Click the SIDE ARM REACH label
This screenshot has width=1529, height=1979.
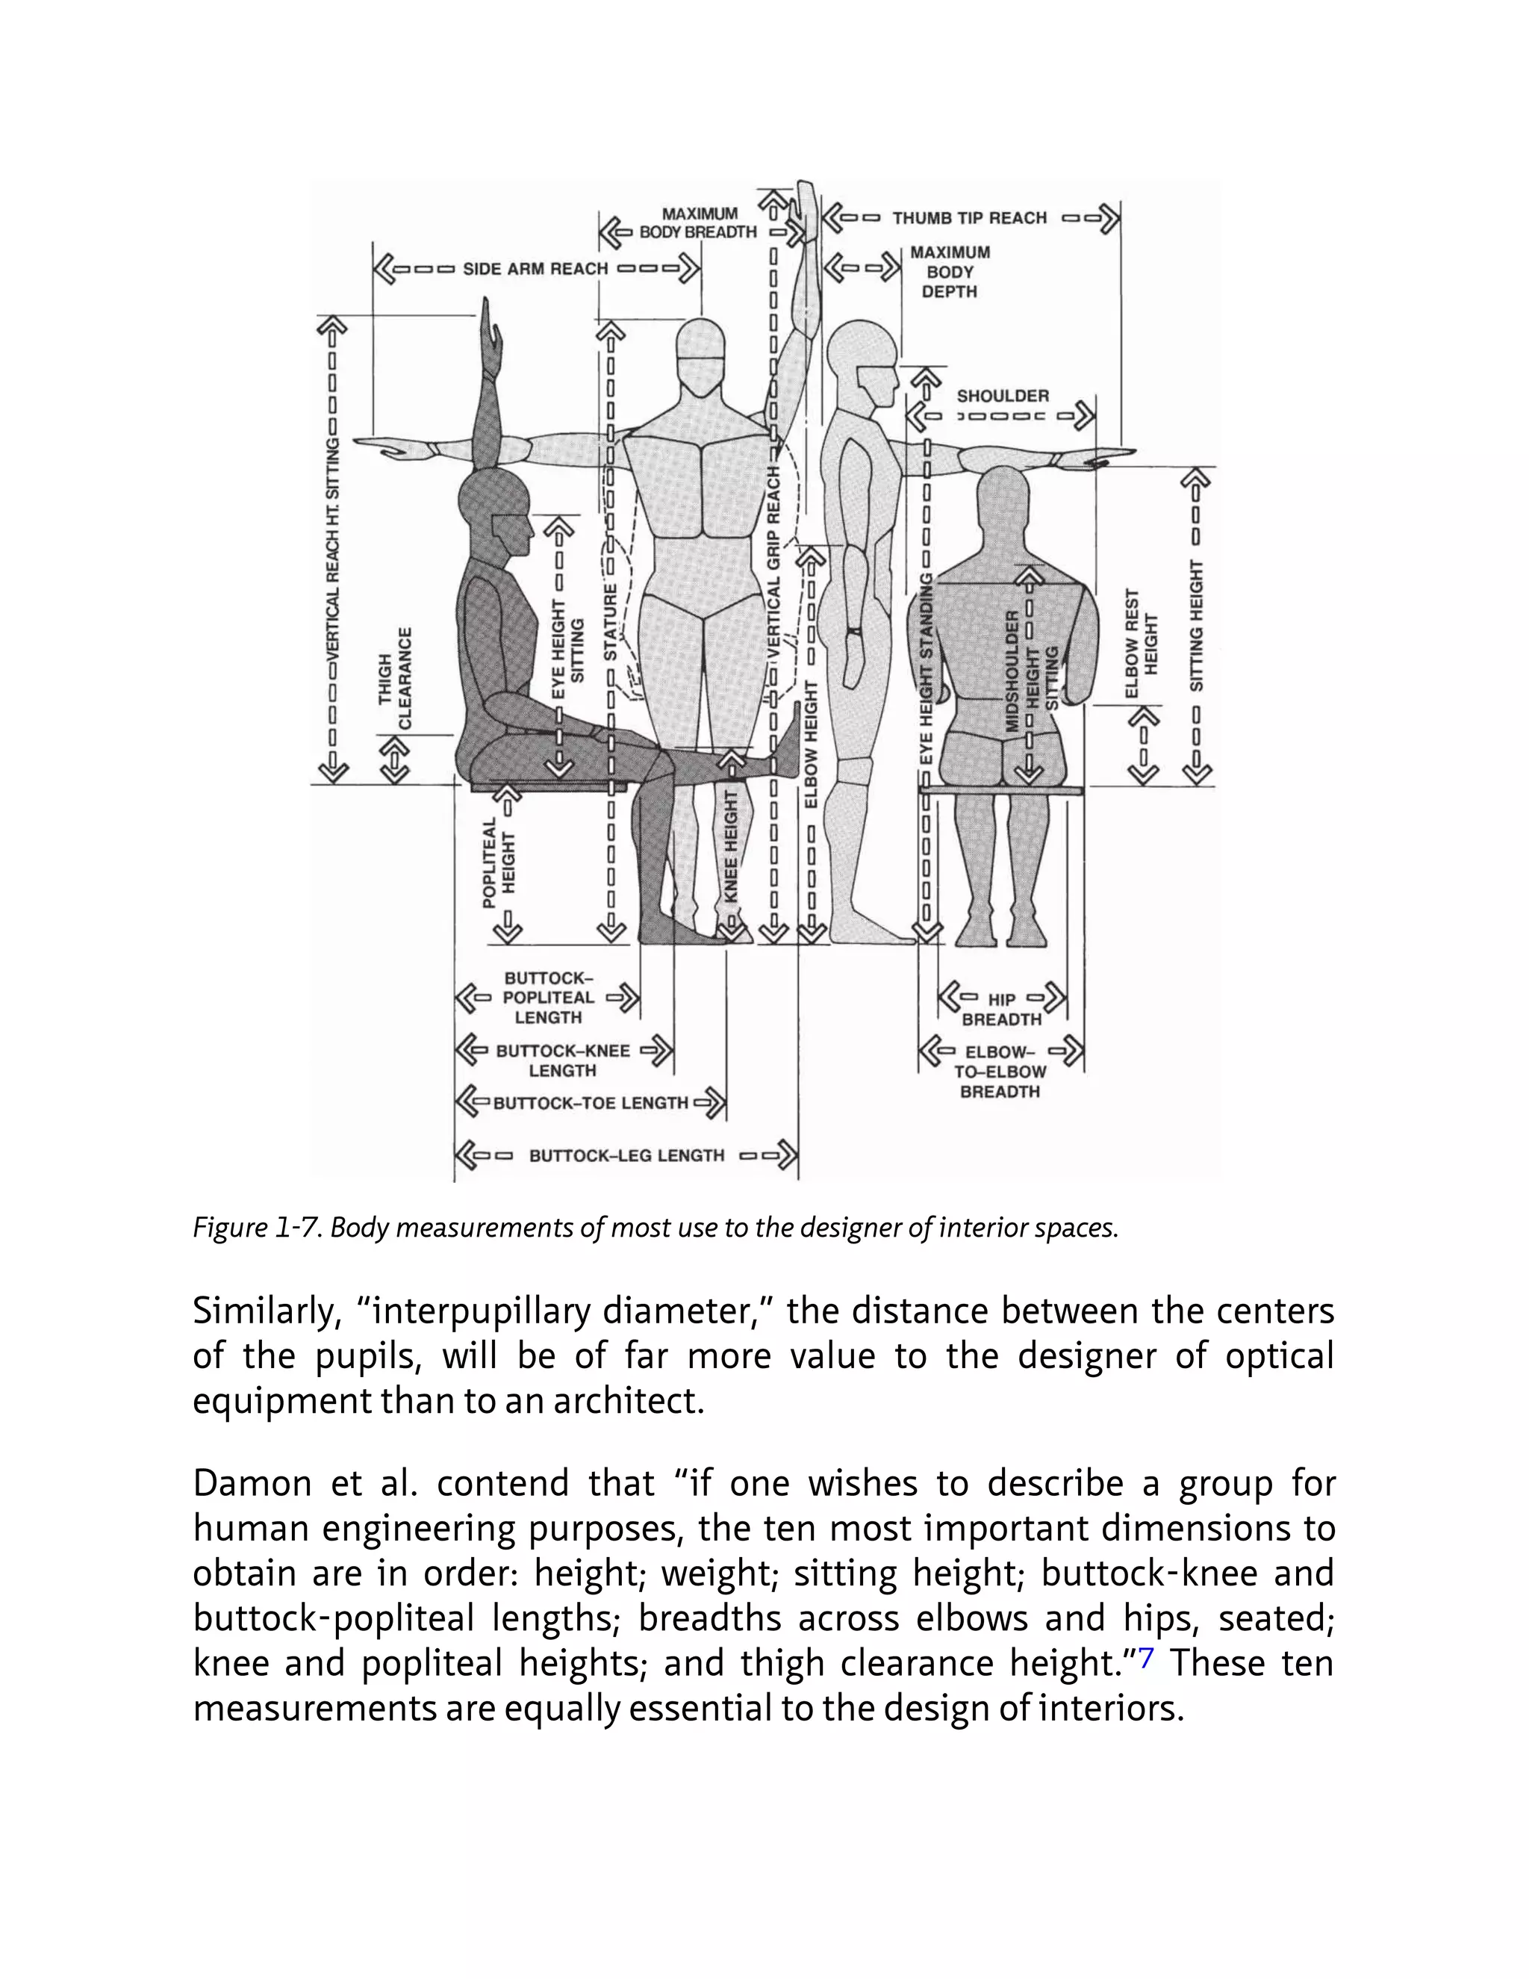[535, 269]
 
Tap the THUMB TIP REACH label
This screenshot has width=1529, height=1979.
[969, 218]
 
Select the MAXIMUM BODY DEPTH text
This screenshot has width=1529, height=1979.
[950, 272]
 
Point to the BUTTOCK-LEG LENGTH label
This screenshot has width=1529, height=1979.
[627, 1155]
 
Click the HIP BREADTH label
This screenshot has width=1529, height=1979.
[1002, 1010]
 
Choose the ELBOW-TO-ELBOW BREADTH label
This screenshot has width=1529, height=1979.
[1002, 1072]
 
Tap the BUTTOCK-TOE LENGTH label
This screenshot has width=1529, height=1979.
[591, 1103]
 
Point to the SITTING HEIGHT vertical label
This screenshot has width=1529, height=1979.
[1197, 625]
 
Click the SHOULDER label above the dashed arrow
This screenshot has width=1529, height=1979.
[1003, 396]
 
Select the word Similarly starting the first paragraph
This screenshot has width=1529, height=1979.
[264, 1311]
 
